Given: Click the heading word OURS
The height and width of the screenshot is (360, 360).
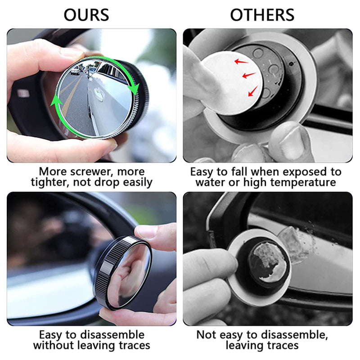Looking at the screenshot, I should [86, 14].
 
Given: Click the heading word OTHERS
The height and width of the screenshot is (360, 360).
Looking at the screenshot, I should [262, 14].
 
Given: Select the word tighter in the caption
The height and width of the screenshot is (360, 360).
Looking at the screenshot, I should [49, 182].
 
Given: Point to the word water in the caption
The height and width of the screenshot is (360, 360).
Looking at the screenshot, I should [210, 182].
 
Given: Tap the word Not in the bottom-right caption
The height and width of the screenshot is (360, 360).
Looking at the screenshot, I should [206, 335].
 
